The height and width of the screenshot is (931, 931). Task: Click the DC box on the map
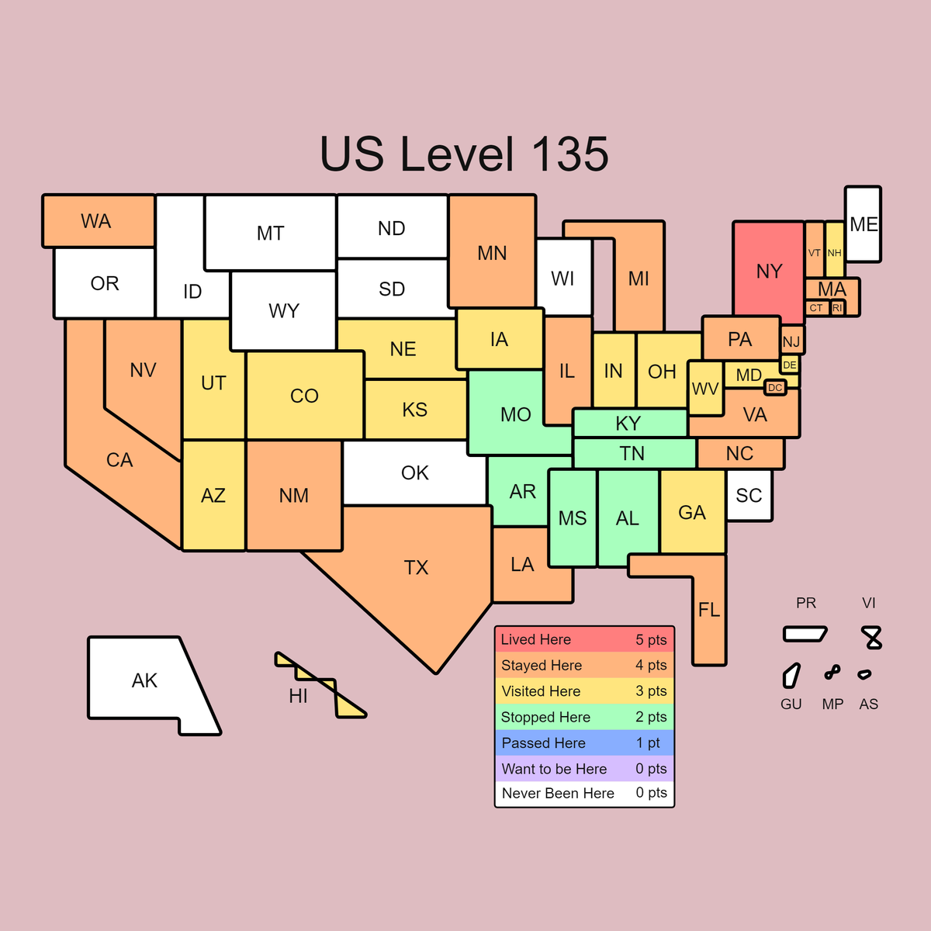point(775,387)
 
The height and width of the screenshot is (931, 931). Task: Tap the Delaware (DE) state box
point(790,365)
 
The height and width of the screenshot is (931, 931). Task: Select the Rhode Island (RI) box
point(837,308)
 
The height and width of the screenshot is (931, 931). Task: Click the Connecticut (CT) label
point(816,308)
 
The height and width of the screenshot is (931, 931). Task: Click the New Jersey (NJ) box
point(791,341)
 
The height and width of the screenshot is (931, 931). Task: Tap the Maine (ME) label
point(863,224)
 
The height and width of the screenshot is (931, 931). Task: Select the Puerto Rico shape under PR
point(805,634)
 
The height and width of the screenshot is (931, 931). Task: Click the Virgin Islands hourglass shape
point(873,637)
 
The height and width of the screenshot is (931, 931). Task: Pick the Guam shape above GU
point(791,675)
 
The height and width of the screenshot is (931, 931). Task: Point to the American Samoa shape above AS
point(864,674)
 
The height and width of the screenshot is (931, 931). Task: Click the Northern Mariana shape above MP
point(832,672)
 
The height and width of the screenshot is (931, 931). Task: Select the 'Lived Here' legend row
point(583,639)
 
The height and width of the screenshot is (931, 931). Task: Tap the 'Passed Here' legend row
point(583,742)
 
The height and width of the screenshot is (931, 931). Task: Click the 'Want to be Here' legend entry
point(583,768)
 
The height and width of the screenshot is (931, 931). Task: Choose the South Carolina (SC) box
point(749,495)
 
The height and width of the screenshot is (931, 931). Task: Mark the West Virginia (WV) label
point(705,388)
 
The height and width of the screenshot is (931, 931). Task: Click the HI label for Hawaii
point(298,696)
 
